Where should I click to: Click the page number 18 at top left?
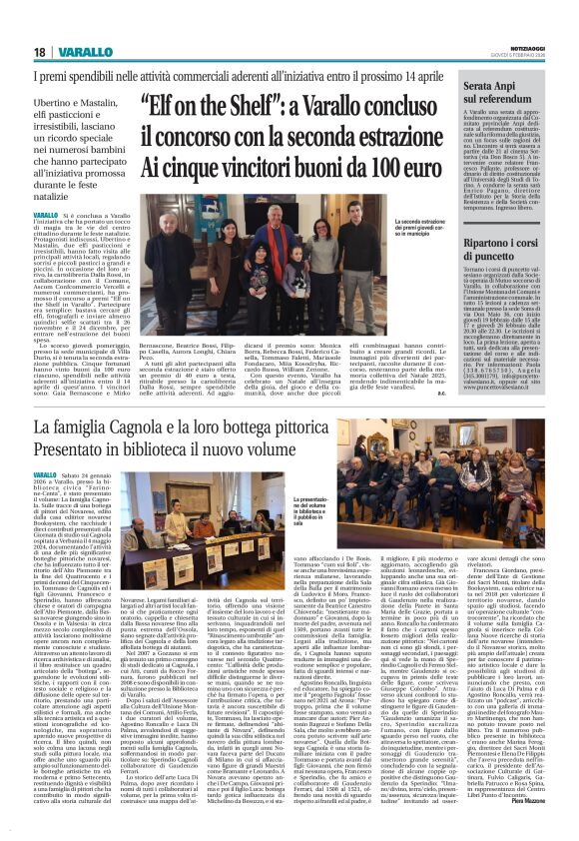click(39, 53)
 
